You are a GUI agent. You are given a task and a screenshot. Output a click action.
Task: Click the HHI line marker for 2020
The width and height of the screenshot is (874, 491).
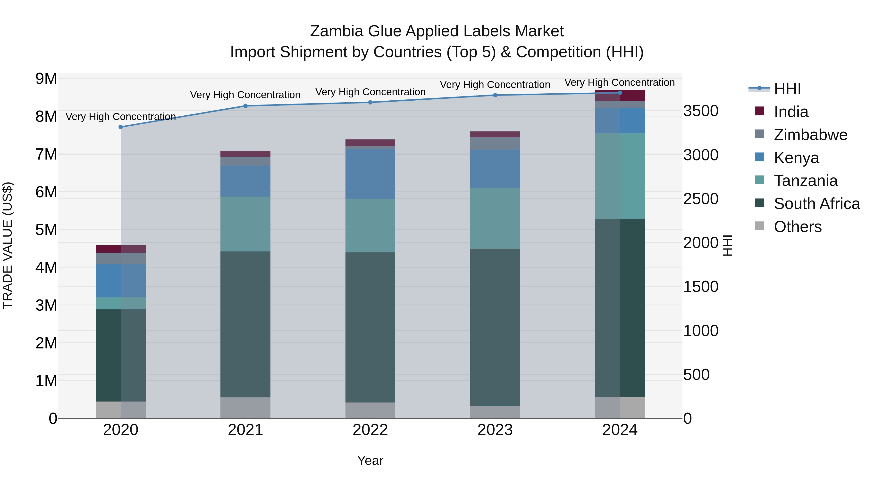coord(121,127)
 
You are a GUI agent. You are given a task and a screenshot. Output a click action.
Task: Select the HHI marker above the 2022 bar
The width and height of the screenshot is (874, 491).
coord(370,102)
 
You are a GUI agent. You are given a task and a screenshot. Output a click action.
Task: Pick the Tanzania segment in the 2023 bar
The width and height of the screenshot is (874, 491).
coord(495,218)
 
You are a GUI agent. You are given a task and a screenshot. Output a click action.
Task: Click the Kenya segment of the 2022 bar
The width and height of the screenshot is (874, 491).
coord(370,174)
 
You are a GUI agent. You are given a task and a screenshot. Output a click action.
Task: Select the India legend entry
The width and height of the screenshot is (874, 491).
coord(791,112)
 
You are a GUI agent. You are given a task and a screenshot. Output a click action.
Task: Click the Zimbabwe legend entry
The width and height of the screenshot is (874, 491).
coord(810,135)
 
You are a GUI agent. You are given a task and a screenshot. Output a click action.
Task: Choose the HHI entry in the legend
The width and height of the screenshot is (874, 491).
coord(787,89)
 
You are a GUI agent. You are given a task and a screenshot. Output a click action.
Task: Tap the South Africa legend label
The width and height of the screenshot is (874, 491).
coord(817,204)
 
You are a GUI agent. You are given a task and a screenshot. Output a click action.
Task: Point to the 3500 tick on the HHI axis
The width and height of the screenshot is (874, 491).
coord(701,111)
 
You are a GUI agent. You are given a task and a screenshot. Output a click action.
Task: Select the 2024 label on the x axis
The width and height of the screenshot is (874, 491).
coord(620,430)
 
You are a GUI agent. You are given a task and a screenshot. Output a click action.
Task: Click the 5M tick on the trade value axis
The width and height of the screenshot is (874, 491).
coord(46,230)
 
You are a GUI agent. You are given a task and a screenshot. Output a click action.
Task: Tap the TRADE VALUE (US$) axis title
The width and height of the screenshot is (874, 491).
coord(8,245)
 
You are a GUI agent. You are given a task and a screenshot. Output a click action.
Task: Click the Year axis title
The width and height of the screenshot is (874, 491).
coord(370,460)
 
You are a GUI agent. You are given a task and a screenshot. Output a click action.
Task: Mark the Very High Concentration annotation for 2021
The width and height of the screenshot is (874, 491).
coord(245,95)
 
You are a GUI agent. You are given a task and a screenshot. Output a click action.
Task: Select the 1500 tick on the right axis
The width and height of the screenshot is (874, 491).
coord(701,287)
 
